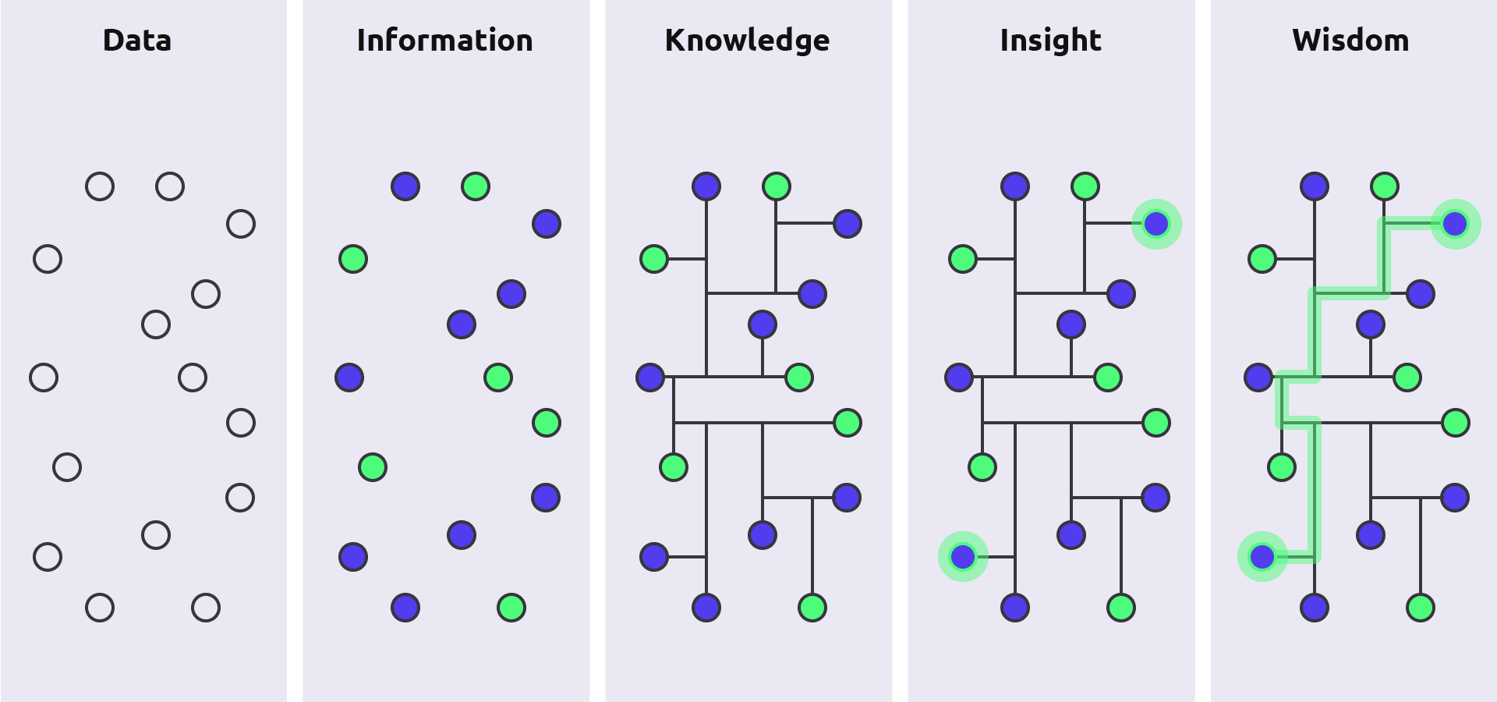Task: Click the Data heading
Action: point(137,41)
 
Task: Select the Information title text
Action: point(444,41)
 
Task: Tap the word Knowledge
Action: point(747,41)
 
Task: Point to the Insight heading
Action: point(1050,41)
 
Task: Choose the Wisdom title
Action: point(1350,41)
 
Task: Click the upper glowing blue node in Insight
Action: point(1156,224)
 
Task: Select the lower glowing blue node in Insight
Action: point(963,557)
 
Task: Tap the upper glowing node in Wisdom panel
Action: point(1456,224)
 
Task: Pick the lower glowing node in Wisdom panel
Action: point(1262,557)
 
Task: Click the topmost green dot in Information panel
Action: point(476,186)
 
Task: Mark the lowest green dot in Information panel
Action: point(511,608)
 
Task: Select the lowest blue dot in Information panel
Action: point(405,608)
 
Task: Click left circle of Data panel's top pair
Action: point(100,186)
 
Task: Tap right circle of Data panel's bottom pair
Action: point(206,608)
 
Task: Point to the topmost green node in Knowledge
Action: point(777,186)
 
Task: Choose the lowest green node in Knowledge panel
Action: point(812,608)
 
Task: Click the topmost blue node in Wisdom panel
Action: point(1315,186)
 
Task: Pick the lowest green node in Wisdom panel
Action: point(1421,608)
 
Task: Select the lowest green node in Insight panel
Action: point(1121,608)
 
